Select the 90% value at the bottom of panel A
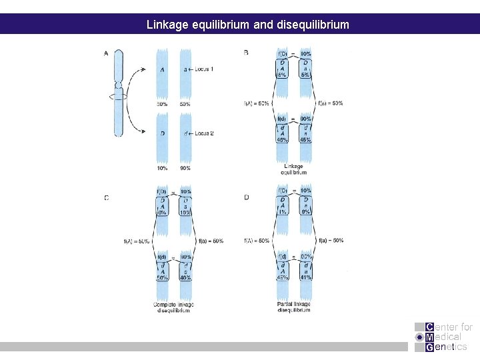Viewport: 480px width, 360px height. click(x=184, y=168)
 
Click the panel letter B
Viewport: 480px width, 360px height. click(x=247, y=53)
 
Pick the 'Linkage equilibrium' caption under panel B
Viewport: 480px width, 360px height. click(x=293, y=169)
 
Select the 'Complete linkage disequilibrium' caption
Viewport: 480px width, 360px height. click(x=172, y=307)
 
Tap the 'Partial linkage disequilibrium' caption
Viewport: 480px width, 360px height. click(x=293, y=307)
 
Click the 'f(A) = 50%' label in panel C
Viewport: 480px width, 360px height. click(x=137, y=241)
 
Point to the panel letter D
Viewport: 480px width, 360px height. click(x=247, y=197)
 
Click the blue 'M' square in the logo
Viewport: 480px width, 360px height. click(x=429, y=337)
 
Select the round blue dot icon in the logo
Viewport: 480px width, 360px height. click(x=419, y=337)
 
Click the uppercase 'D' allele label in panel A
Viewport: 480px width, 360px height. click(x=162, y=134)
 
